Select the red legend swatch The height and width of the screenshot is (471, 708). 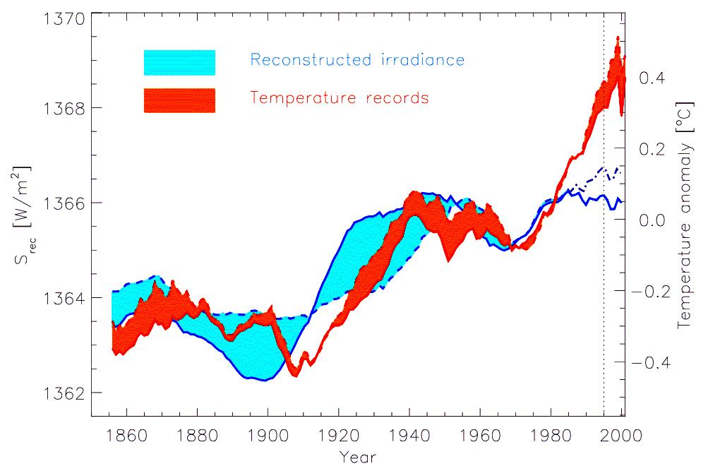pyautogui.click(x=179, y=100)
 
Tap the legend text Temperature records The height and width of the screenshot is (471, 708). pyautogui.click(x=340, y=97)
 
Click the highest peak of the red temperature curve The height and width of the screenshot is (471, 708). pyautogui.click(x=618, y=39)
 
